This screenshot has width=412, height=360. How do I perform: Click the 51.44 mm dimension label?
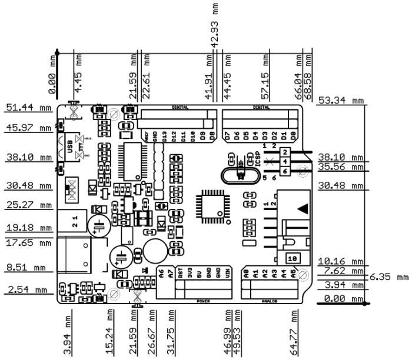pyautogui.click(x=28, y=108)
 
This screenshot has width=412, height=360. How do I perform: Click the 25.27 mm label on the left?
pyautogui.click(x=28, y=206)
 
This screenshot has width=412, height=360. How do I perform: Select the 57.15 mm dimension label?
pyautogui.click(x=266, y=76)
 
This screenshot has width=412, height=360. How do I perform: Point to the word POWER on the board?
pyautogui.click(x=204, y=301)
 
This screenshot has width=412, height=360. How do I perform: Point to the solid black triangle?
pyautogui.click(x=302, y=208)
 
